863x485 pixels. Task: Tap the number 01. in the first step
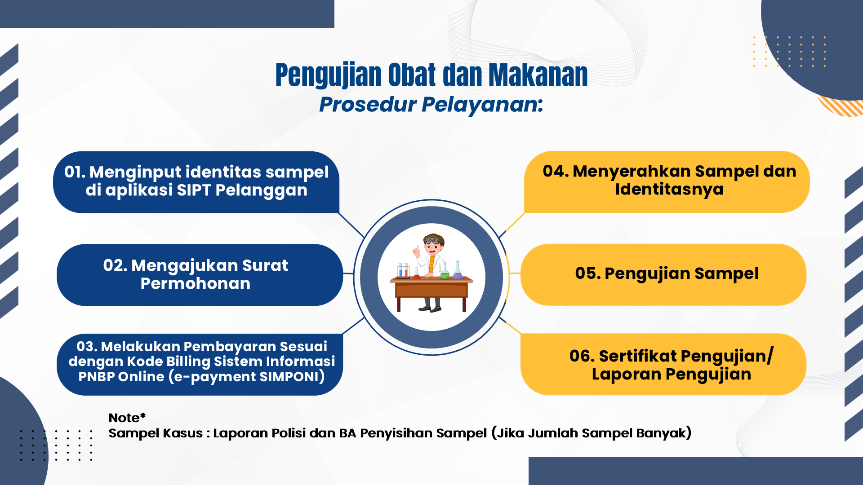(75, 172)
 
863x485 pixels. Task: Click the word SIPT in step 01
(194, 190)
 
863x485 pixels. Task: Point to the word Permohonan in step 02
(196, 283)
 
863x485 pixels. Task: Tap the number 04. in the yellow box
(556, 171)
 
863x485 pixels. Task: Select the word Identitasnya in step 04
(669, 190)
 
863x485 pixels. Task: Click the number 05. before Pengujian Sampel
(588, 273)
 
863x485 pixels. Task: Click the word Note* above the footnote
(127, 418)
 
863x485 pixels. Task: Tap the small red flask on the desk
(416, 273)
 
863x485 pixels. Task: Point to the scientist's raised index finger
(417, 248)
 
